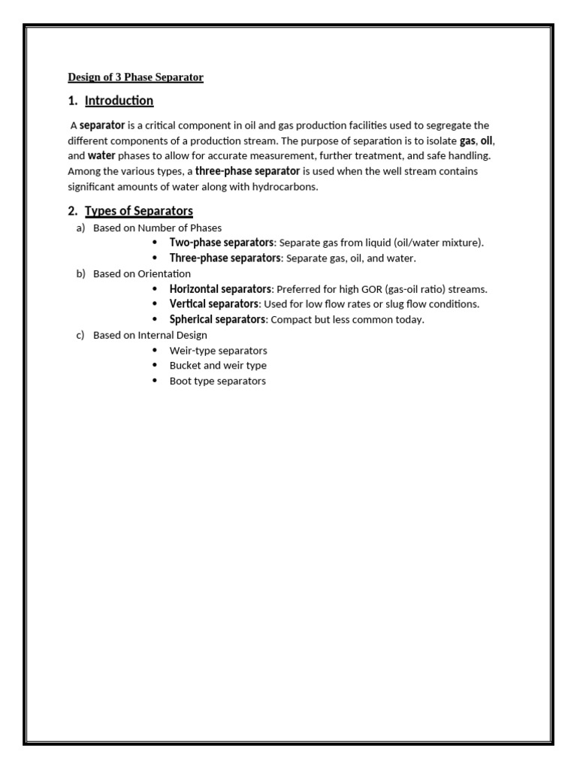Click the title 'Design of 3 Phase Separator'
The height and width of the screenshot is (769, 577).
coord(135,77)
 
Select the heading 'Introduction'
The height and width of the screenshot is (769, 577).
coord(119,101)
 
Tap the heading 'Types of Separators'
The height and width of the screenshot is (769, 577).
coord(138,211)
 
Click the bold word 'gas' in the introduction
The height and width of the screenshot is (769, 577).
coord(467,140)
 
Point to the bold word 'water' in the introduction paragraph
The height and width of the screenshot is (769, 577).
coord(101,156)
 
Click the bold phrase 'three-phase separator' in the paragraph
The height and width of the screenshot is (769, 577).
coord(247,171)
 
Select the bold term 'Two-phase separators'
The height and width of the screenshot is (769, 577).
coord(222,243)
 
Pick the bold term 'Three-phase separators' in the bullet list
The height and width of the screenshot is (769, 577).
coord(225,258)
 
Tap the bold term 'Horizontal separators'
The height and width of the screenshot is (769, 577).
coord(220,289)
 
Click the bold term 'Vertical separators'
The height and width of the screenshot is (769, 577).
coord(214,304)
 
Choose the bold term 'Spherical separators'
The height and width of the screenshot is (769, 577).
coord(217,319)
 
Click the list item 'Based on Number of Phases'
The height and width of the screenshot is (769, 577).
coord(157,228)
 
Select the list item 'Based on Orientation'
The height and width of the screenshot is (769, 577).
coord(142,273)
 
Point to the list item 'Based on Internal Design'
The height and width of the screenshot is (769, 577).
coord(150,335)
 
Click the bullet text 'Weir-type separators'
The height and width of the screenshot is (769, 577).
coord(218,351)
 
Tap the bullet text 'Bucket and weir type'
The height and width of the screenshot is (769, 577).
coord(218,366)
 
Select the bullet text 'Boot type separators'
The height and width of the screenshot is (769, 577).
coord(217,381)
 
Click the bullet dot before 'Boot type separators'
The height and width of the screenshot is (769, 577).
coord(155,381)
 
